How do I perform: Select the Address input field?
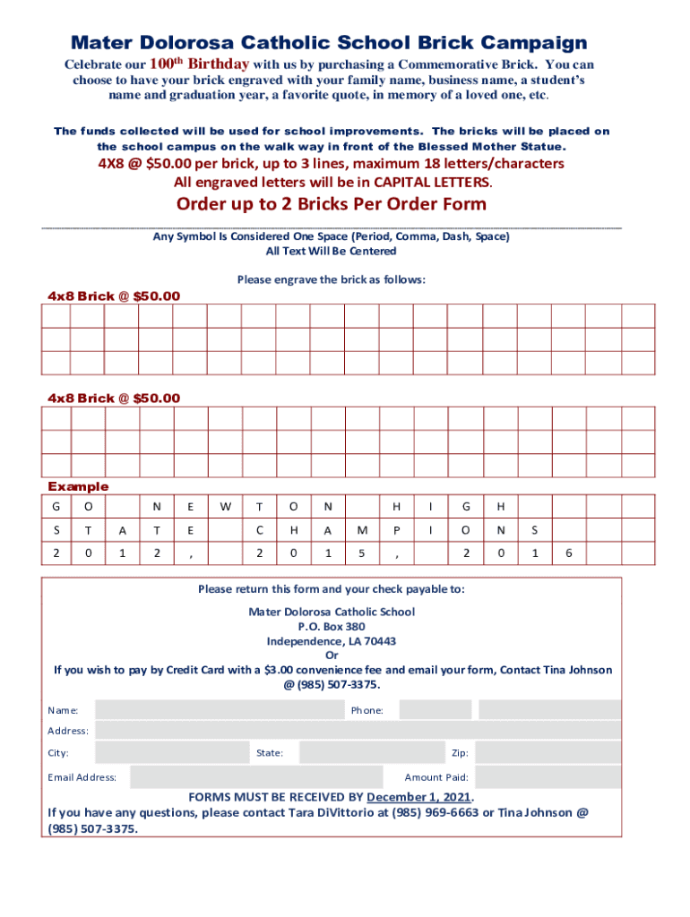click(x=358, y=731)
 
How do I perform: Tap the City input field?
click(x=172, y=753)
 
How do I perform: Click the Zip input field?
click(x=549, y=753)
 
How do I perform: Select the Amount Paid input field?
click(x=549, y=777)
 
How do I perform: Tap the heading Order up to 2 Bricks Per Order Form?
click(x=332, y=204)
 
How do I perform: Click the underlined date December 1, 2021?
click(x=418, y=797)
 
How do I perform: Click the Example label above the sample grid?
click(x=78, y=486)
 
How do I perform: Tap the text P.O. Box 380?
click(x=332, y=627)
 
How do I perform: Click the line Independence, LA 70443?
click(x=332, y=641)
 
